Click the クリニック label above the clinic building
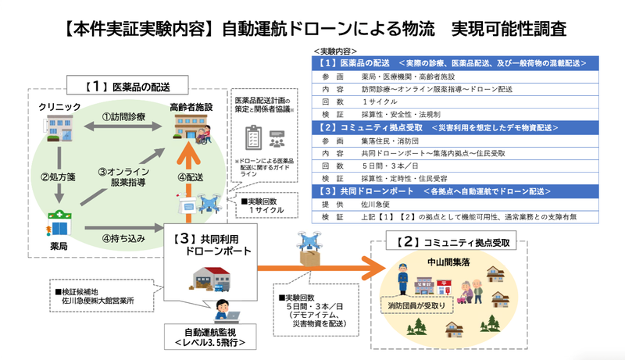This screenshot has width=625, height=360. [x=59, y=105]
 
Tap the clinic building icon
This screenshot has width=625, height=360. [x=59, y=129]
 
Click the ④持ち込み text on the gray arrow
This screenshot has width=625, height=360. [x=124, y=238]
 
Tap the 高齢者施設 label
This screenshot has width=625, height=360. [x=191, y=105]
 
